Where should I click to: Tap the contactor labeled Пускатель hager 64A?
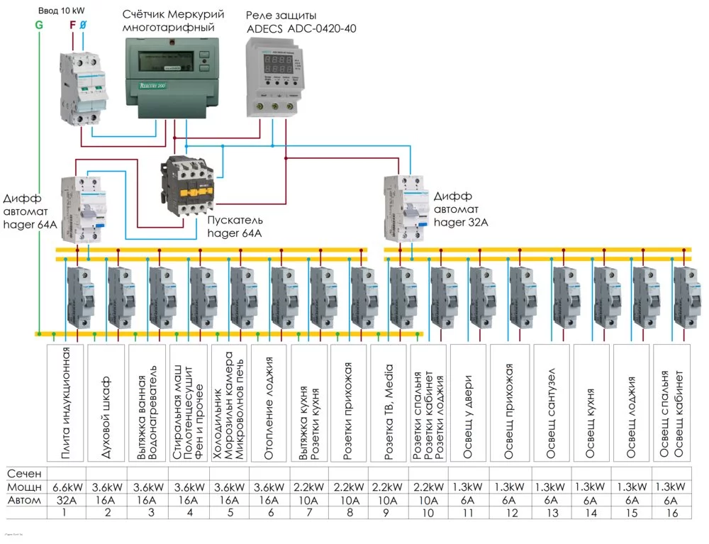tap(189, 184)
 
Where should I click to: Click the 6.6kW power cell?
tap(66, 487)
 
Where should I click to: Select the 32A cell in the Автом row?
tap(66, 499)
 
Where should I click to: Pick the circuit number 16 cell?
tap(671, 512)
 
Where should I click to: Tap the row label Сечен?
tap(25, 473)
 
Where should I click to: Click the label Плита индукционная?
tap(66, 404)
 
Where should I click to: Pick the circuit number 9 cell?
tap(389, 512)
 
